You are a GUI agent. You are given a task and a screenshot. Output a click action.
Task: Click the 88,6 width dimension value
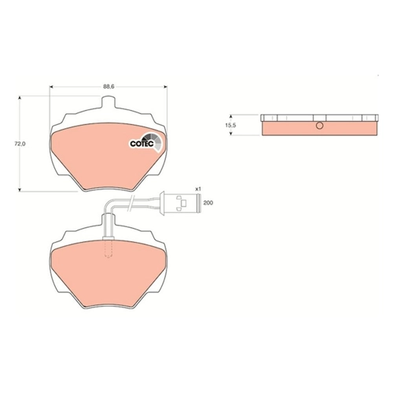coord(108,87)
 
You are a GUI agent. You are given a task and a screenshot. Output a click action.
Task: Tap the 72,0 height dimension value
coord(20,144)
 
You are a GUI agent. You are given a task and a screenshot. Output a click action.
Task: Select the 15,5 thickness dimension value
coord(231,125)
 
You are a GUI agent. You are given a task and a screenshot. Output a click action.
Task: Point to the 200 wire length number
coord(208,203)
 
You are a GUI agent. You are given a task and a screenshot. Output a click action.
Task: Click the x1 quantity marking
coord(198,189)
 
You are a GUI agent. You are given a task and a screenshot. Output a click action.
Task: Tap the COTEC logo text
coord(141,144)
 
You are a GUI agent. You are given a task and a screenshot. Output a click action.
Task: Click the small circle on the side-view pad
coord(319,126)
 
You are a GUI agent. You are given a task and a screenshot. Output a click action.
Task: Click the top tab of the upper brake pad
coord(108,102)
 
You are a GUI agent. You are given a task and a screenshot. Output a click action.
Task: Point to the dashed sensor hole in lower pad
coord(108,248)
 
